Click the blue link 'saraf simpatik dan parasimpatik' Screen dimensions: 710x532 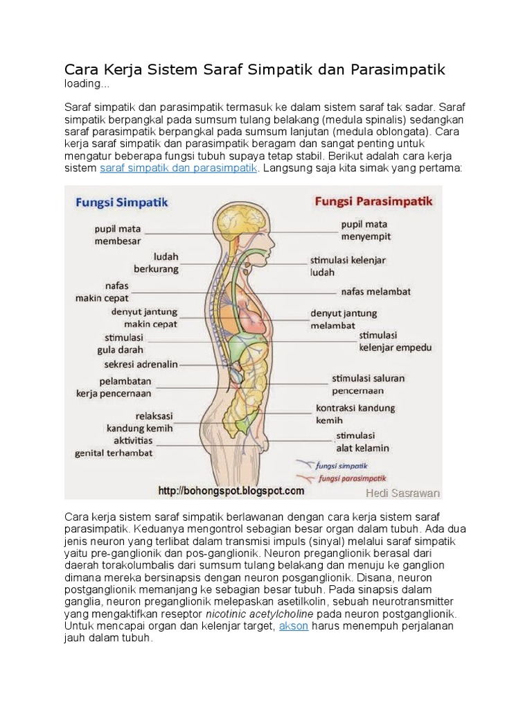click(x=179, y=168)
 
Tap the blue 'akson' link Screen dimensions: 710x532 click(x=294, y=626)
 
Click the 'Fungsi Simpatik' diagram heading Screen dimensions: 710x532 click(x=121, y=203)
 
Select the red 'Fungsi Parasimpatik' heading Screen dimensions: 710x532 click(x=374, y=202)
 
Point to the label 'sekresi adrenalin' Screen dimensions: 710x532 click(x=141, y=364)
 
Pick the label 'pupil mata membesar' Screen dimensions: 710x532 click(x=118, y=234)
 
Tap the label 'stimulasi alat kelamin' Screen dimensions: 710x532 click(x=362, y=442)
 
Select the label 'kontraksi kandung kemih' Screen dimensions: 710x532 click(x=355, y=414)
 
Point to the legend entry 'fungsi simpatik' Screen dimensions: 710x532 click(x=342, y=466)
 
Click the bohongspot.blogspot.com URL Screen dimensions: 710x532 click(x=231, y=490)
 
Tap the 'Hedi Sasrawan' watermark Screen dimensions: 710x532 click(x=402, y=493)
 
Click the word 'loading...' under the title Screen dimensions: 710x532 click(x=87, y=85)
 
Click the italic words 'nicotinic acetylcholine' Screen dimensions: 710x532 click(x=259, y=614)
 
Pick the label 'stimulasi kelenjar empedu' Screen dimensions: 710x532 click(x=395, y=341)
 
